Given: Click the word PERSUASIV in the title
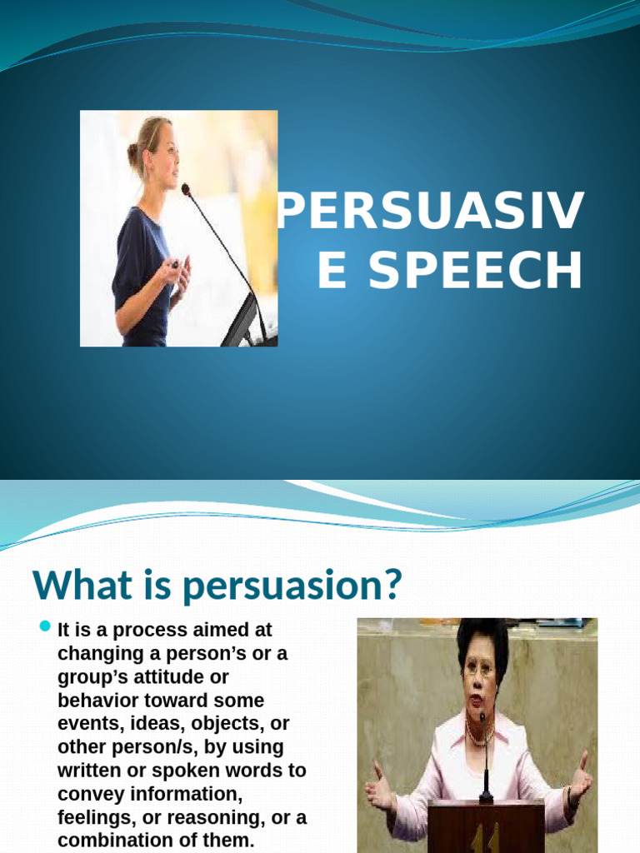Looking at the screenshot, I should point(431,213).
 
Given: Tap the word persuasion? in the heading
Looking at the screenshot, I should point(292,586).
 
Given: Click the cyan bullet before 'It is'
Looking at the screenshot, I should point(46,626).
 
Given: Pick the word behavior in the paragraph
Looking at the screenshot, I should point(94,701).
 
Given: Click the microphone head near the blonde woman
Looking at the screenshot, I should point(185,189).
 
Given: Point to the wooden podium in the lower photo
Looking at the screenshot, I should point(486,826).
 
